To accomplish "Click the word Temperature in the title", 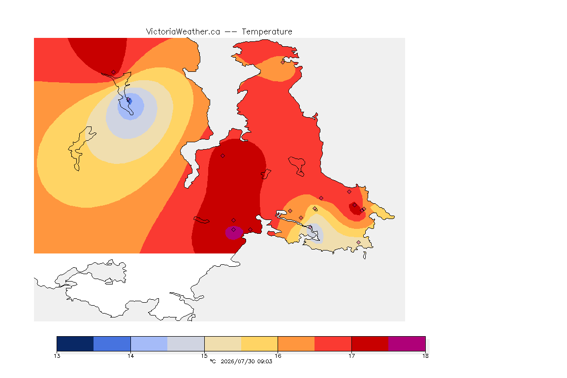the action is point(267,32).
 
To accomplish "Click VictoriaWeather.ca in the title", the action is point(183,32).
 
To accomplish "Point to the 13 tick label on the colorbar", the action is point(57,356).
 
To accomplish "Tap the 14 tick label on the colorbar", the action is point(130,356).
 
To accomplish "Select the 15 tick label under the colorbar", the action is point(204,356).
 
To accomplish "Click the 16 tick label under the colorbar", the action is point(278,356).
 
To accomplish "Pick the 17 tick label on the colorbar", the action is point(351,356).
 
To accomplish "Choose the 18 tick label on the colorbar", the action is point(425,356).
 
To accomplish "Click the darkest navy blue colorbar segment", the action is point(75,344).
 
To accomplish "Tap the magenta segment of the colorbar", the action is point(407,344).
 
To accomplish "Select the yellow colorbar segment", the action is point(259,344).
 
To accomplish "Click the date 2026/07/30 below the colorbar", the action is point(237,361).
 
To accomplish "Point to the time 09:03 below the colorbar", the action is point(265,361).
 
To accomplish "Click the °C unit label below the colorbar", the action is point(213,361).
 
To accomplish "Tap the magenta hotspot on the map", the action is point(234,233).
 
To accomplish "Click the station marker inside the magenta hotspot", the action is point(234,230).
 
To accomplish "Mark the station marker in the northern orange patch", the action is point(283,62).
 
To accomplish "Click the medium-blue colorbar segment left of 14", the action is point(112,344).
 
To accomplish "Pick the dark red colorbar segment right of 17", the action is point(370,344).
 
